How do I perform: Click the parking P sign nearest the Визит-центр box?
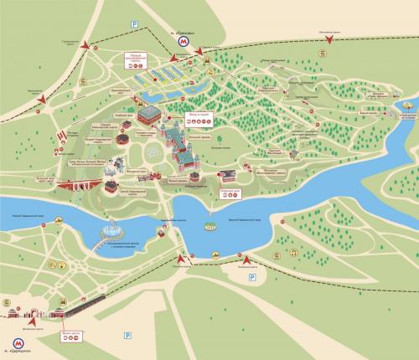coord(128,336)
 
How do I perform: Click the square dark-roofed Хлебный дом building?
coord(148,113)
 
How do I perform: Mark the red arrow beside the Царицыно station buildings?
coord(32,320)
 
